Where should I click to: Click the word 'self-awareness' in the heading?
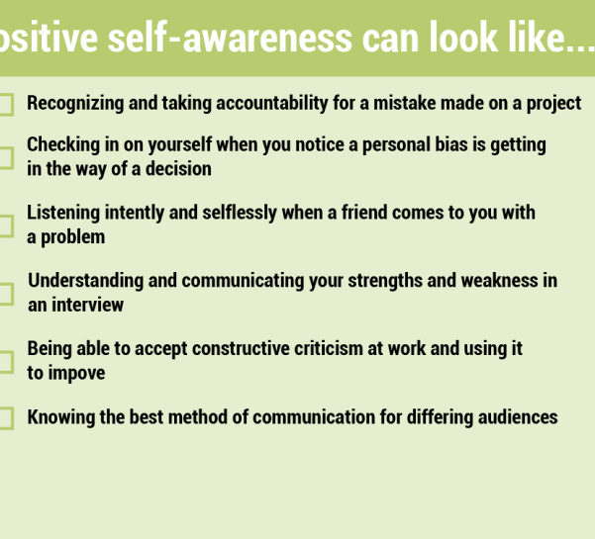pyautogui.click(x=230, y=38)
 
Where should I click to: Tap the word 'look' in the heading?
pyautogui.click(x=463, y=37)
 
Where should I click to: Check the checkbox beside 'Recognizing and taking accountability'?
pyautogui.click(x=7, y=104)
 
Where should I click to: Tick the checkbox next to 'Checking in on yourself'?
pyautogui.click(x=7, y=157)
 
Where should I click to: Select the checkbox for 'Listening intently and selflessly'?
pyautogui.click(x=7, y=225)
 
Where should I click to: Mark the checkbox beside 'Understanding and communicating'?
pyautogui.click(x=7, y=294)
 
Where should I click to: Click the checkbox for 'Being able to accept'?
pyautogui.click(x=7, y=362)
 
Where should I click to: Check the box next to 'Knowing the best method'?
pyautogui.click(x=7, y=418)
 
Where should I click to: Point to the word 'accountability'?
pyautogui.click(x=272, y=104)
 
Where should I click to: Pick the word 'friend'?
pyautogui.click(x=364, y=213)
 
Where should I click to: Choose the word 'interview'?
pyautogui.click(x=88, y=306)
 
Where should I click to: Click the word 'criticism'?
pyautogui.click(x=329, y=349)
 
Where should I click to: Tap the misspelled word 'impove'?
pyautogui.click(x=76, y=374)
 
